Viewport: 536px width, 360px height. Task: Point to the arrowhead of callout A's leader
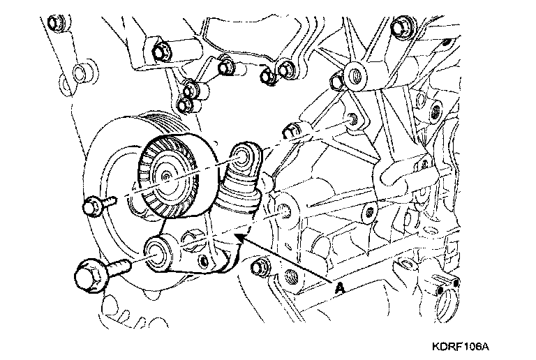click(239, 238)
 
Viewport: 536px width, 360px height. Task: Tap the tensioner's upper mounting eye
click(244, 157)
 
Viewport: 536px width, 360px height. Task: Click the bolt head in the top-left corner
click(54, 25)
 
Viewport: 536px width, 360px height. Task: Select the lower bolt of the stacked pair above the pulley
click(185, 105)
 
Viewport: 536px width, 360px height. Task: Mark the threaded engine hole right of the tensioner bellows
click(283, 209)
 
